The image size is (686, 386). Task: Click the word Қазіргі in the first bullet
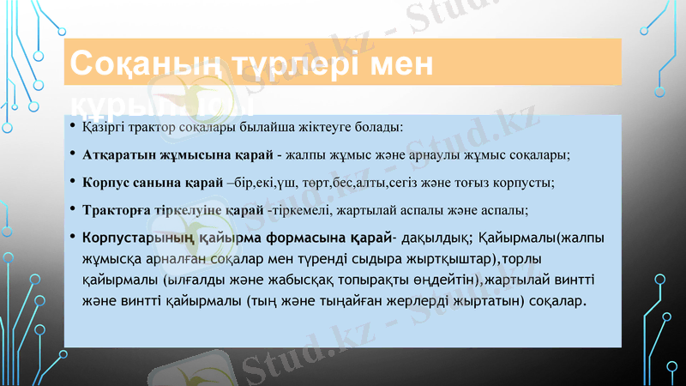(102, 129)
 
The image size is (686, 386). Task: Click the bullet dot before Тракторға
(74, 208)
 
